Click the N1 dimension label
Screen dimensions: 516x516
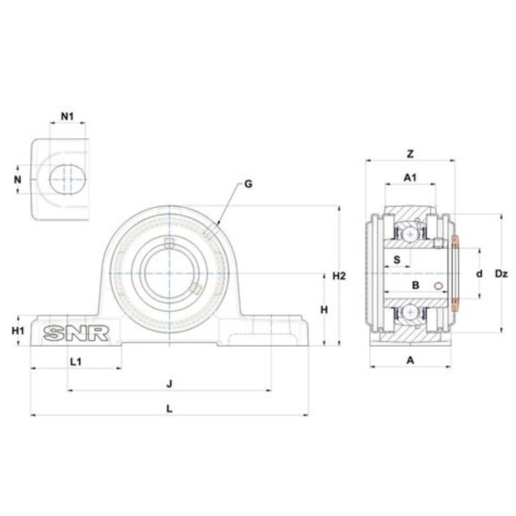[67, 116]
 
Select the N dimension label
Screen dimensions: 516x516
[17, 179]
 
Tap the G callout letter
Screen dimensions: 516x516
[249, 183]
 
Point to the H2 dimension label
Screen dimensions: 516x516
[339, 276]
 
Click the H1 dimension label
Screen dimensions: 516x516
[18, 330]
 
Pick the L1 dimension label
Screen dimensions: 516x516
[76, 362]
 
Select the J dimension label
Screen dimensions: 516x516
[169, 383]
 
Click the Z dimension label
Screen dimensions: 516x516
[410, 153]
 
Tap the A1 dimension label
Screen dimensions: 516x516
[410, 178]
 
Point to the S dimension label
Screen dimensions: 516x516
[397, 259]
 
